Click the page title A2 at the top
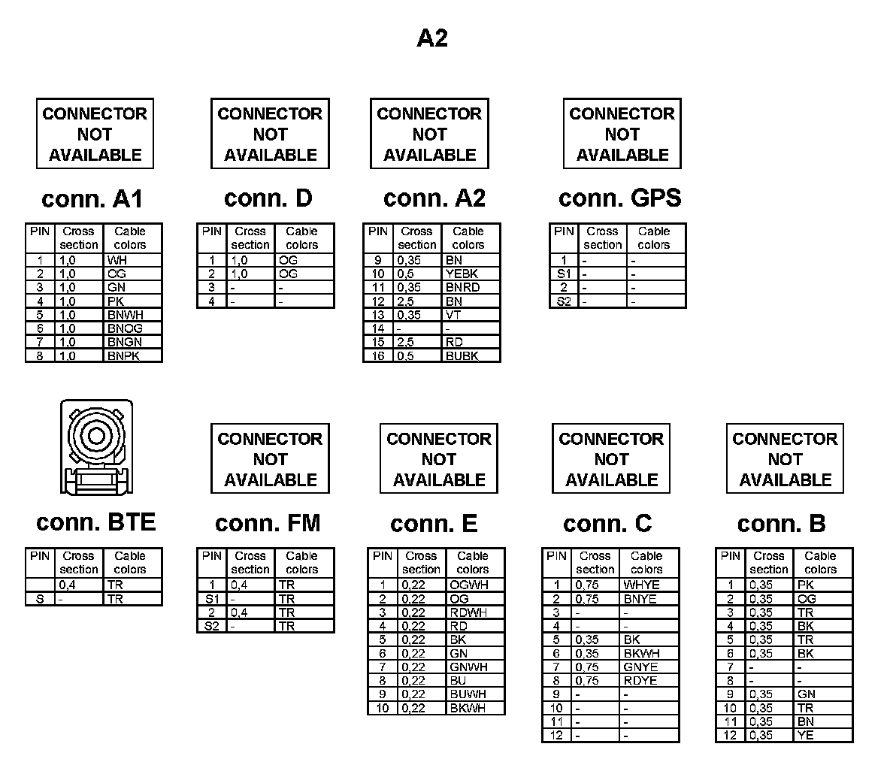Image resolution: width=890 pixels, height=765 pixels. click(432, 38)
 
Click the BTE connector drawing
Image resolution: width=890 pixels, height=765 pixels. click(96, 448)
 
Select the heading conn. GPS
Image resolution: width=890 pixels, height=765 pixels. click(619, 198)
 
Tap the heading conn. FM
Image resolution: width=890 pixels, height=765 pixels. click(268, 523)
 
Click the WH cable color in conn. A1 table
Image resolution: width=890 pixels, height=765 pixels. click(117, 260)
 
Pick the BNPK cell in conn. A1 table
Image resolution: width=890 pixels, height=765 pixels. click(124, 355)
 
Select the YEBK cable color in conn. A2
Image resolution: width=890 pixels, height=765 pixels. click(462, 274)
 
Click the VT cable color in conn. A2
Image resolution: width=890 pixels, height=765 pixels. click(453, 315)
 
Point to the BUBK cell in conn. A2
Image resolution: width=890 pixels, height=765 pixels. click(462, 355)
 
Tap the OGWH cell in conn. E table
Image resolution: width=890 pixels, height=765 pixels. click(468, 585)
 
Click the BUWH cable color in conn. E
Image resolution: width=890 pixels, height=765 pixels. click(468, 694)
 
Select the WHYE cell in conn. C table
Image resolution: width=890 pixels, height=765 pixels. click(641, 585)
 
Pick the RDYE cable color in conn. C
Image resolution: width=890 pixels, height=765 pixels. click(640, 680)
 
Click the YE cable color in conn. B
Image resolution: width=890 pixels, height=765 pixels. click(805, 735)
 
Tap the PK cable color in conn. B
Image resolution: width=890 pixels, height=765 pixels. click(805, 585)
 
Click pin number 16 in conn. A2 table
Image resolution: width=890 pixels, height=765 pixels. click(379, 355)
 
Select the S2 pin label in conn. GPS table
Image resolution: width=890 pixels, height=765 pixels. click(564, 301)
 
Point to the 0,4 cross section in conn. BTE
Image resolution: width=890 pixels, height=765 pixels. click(68, 585)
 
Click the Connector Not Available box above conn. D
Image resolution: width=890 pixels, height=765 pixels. click(270, 134)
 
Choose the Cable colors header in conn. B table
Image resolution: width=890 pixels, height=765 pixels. click(820, 563)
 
